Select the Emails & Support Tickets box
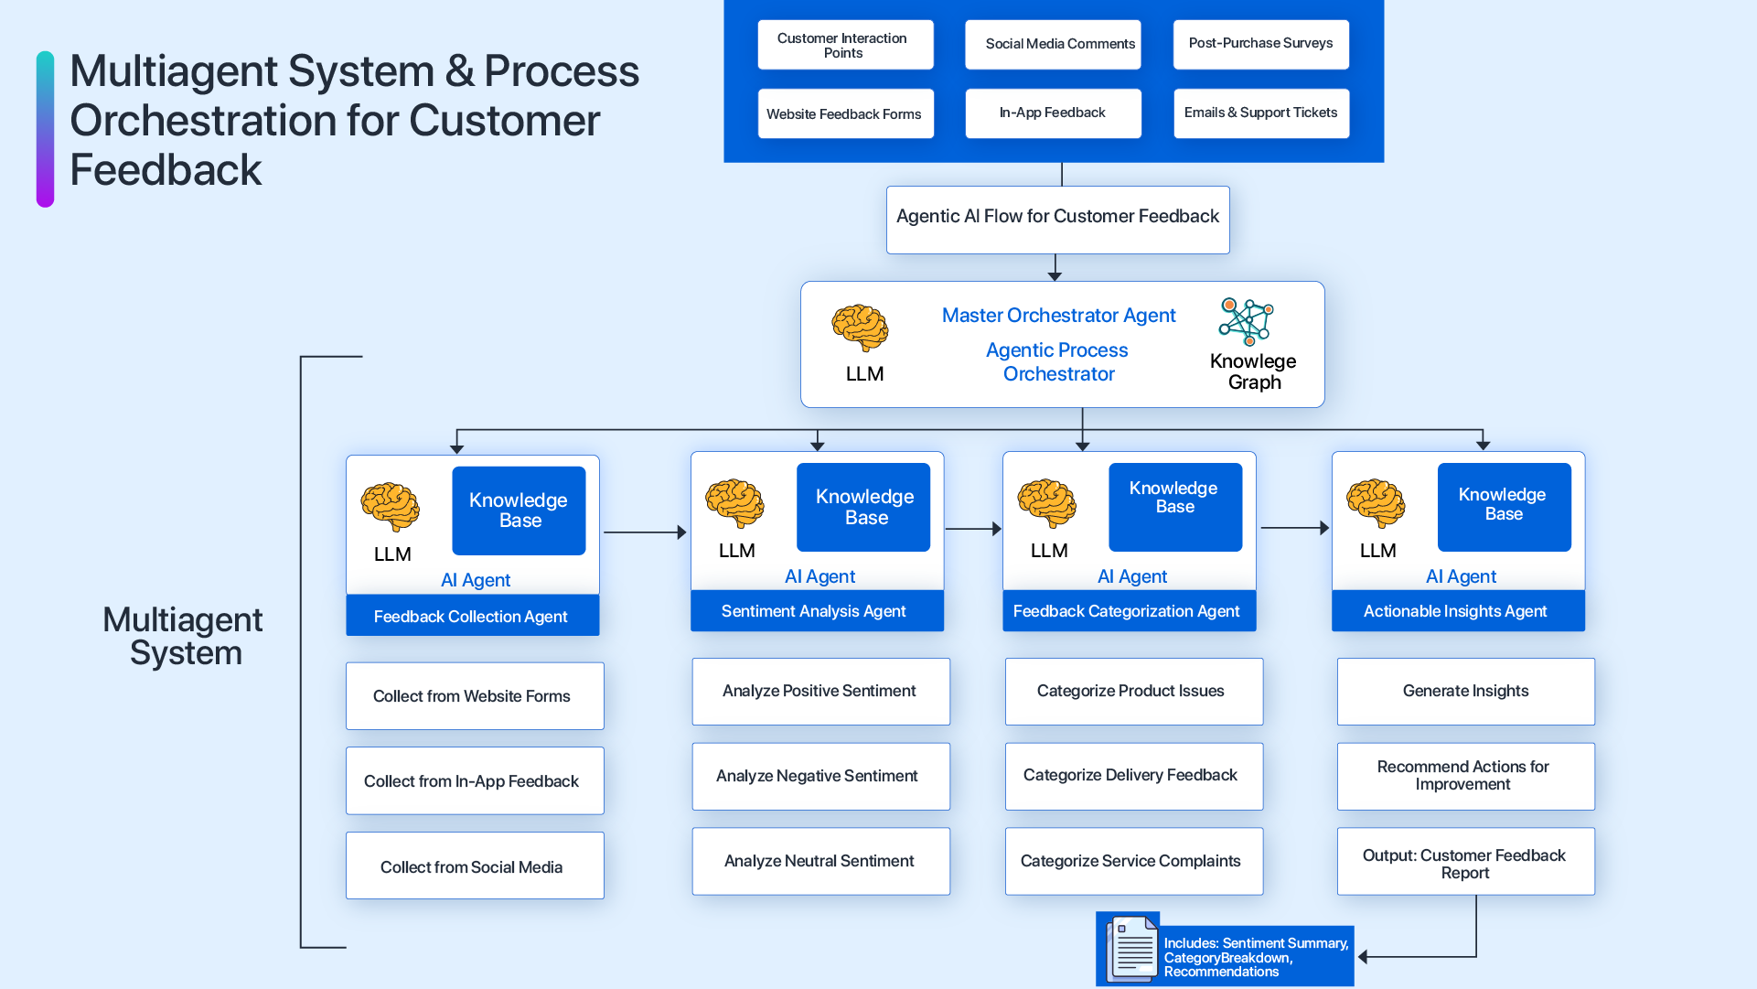pyautogui.click(x=1260, y=113)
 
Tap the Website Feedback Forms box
pyautogui.click(x=845, y=113)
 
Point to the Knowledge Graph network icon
pyautogui.click(x=1246, y=321)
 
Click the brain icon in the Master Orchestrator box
pyautogui.click(x=860, y=328)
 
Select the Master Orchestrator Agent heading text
pyautogui.click(x=1058, y=316)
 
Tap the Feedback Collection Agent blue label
pyautogui.click(x=472, y=617)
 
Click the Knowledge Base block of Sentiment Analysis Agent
pyautogui.click(x=863, y=507)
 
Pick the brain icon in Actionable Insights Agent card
pyautogui.click(x=1375, y=503)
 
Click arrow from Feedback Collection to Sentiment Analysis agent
pyautogui.click(x=645, y=532)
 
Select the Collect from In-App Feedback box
pyautogui.click(x=474, y=781)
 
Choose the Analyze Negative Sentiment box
pyautogui.click(x=820, y=776)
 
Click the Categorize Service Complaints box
pyautogui.click(x=1133, y=861)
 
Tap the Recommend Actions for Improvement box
pyautogui.click(x=1465, y=776)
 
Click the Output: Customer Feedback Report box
pyautogui.click(x=1465, y=862)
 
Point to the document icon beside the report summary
pyautogui.click(x=1132, y=949)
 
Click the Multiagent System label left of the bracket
pyautogui.click(x=184, y=637)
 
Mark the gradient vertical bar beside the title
pyautogui.click(x=45, y=128)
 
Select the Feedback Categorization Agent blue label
pyautogui.click(x=1129, y=611)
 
